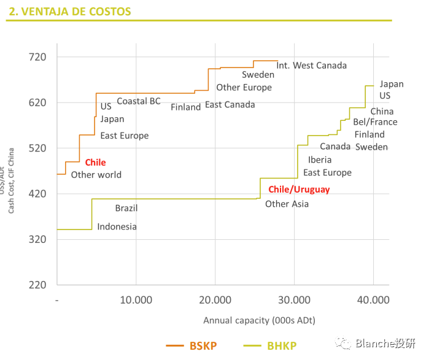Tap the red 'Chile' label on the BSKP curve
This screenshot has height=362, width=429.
[95, 163]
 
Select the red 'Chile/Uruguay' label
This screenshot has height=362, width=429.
[299, 190]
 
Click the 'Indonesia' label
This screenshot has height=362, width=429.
[117, 227]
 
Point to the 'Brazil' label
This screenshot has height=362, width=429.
[126, 209]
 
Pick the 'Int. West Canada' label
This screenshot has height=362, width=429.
[311, 66]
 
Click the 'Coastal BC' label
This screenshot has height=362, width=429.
[139, 101]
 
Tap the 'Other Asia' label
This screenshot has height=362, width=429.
[287, 204]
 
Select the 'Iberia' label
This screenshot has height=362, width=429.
[320, 160]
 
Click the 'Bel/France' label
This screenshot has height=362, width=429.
[375, 122]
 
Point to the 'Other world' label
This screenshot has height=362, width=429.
[96, 175]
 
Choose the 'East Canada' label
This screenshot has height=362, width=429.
[230, 105]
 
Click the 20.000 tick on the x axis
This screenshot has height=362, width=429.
[215, 300]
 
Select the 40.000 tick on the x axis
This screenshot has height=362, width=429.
[373, 300]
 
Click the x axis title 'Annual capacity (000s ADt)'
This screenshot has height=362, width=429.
[259, 320]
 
